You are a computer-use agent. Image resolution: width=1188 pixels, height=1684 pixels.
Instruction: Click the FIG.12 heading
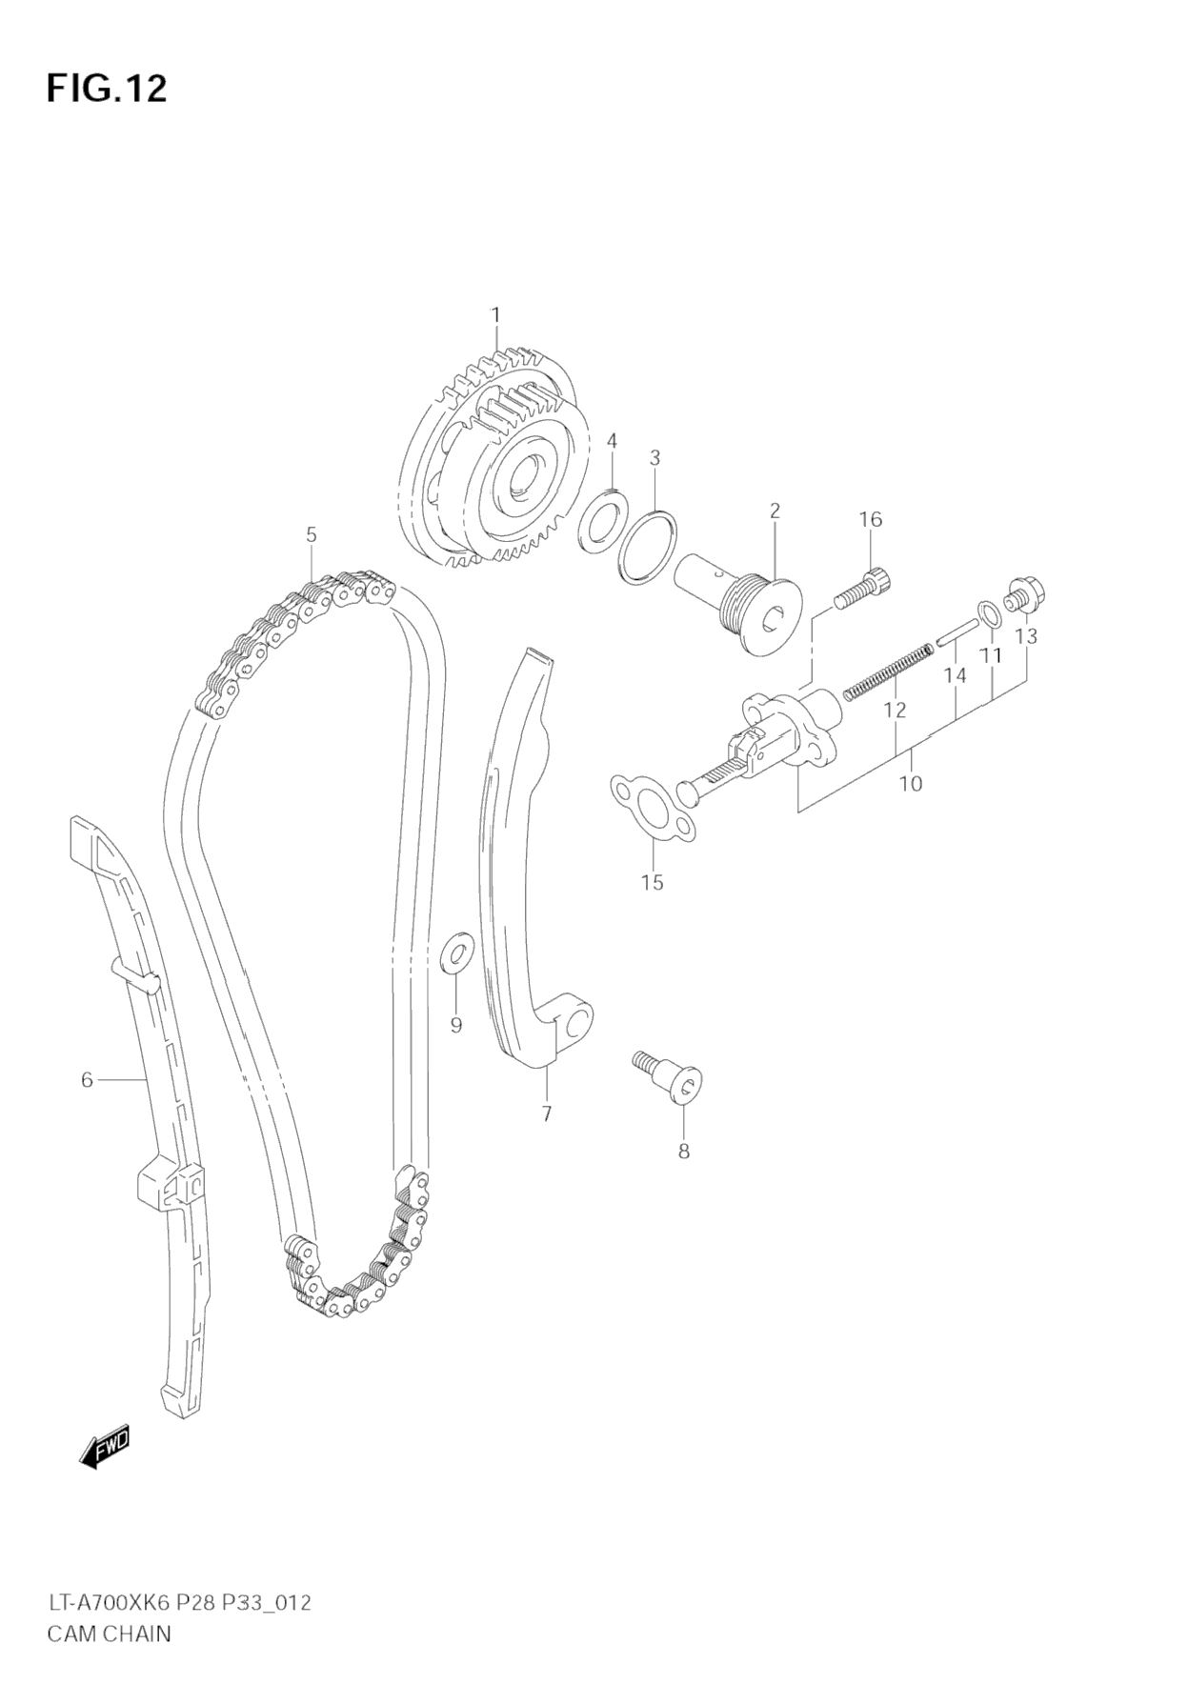107,89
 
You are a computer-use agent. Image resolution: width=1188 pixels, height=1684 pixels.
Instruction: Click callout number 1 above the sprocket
495,315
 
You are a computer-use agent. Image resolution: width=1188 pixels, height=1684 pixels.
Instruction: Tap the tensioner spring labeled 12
887,671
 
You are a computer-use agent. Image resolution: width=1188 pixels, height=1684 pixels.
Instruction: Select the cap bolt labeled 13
1025,594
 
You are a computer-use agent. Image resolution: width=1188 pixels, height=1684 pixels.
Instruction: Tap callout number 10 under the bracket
911,784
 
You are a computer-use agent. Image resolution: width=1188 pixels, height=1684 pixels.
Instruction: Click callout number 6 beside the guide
87,1080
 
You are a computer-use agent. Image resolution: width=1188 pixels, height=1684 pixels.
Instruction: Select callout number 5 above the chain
312,535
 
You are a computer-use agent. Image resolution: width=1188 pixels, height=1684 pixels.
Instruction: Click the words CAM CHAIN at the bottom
110,1634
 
